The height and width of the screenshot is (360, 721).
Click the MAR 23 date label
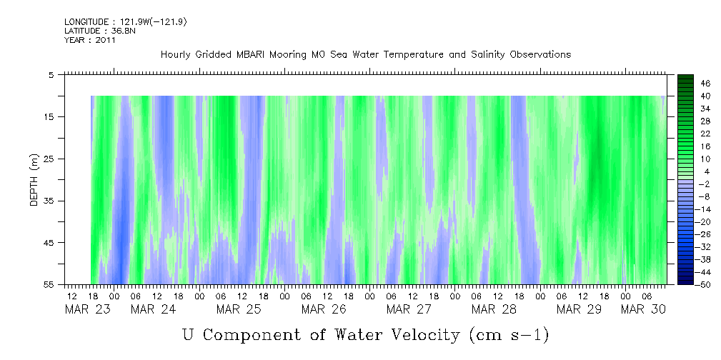coord(83,309)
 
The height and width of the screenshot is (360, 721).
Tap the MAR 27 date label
coord(408,309)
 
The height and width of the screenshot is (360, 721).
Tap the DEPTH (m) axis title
coord(34,179)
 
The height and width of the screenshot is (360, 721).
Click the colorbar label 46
coord(705,84)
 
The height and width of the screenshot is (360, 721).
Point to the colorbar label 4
coord(705,171)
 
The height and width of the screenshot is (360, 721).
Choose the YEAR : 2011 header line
coord(90,40)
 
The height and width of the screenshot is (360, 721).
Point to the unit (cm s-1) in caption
coord(508,334)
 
